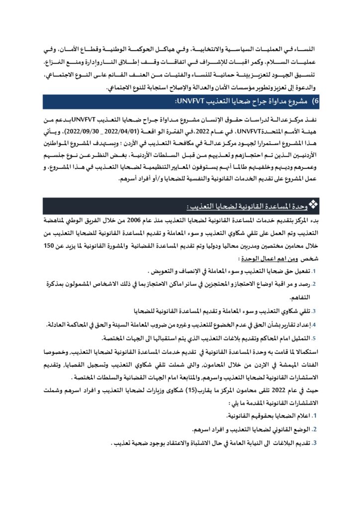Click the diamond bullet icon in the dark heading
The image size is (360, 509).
coord(314,204)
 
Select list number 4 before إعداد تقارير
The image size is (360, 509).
coord(314,325)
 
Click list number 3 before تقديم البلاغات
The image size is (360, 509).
coord(314,441)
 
